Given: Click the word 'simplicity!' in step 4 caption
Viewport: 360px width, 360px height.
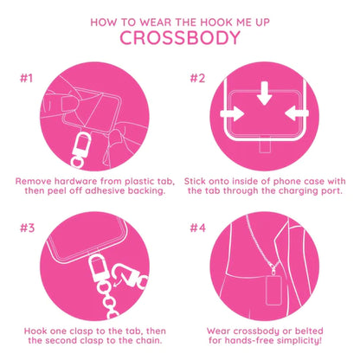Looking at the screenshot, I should pos(301,341).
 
